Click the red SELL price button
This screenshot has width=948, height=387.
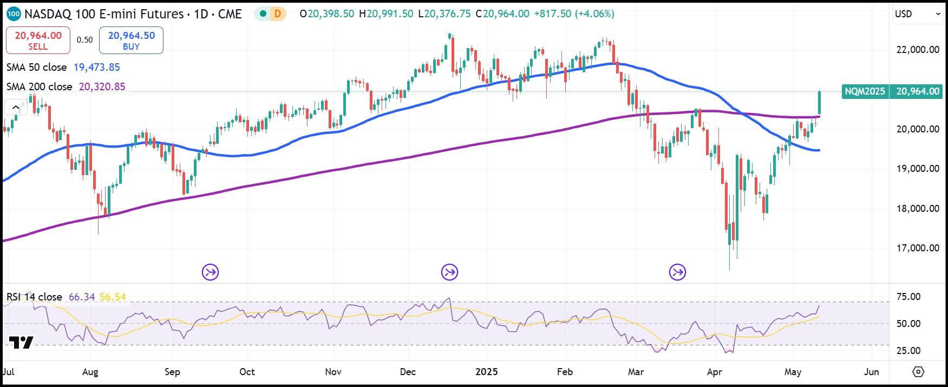pos(38,41)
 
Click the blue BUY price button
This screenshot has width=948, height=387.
pos(131,41)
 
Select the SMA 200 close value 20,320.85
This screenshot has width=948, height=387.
pos(102,87)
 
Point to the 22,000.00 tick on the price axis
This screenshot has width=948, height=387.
pos(917,50)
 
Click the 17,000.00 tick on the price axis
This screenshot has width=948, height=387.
pos(917,248)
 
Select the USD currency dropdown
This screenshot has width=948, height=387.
pos(917,15)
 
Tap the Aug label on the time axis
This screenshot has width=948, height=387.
pos(90,372)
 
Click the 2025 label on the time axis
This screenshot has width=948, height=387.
pos(486,372)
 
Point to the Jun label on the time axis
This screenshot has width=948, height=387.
pos(871,372)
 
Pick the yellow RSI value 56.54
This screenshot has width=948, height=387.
pos(113,297)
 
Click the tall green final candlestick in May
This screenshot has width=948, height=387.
pos(820,103)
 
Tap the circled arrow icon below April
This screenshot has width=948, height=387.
pos(677,272)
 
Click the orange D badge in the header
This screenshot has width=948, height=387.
pos(278,14)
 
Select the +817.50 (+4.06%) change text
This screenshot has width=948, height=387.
pos(574,14)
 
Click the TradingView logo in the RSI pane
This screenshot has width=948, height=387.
pos(21,343)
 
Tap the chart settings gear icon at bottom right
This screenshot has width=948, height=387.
pos(918,372)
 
